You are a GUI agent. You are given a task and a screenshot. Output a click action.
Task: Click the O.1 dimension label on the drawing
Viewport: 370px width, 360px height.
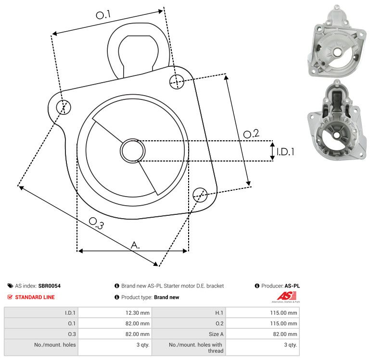103,14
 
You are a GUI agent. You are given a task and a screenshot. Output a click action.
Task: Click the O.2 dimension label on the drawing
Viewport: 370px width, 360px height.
251,134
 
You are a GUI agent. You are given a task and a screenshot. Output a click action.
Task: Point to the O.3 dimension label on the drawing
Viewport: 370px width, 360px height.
96,223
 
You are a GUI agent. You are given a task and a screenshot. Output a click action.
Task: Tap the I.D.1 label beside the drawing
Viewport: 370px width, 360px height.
285,152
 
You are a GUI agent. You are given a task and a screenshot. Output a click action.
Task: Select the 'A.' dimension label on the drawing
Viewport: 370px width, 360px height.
135,245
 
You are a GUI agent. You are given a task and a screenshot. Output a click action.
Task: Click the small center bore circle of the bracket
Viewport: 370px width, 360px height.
133,151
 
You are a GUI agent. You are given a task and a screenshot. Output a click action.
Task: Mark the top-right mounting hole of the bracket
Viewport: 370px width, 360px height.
177,82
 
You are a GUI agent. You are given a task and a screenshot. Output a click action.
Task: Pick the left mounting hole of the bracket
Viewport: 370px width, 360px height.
64,107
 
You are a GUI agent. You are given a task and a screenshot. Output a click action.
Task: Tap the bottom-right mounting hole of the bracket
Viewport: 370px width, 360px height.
200,195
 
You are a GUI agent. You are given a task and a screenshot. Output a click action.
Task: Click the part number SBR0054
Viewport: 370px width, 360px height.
50,286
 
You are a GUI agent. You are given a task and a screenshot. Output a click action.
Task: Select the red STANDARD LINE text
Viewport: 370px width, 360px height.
35,297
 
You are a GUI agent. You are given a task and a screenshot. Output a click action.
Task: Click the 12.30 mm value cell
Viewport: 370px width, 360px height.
137,313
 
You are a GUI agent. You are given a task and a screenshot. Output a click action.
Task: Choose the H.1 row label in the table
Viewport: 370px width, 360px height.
219,313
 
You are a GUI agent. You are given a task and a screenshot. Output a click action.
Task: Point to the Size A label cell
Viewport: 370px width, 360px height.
216,334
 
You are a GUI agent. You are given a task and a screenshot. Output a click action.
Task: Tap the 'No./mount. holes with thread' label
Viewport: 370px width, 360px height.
196,348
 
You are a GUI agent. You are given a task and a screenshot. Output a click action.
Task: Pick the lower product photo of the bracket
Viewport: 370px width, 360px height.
337,120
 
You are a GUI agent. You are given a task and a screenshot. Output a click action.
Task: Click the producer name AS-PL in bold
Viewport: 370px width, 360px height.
292,286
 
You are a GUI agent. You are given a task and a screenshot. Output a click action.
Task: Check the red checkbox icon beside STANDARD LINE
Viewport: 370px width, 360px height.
10,297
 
